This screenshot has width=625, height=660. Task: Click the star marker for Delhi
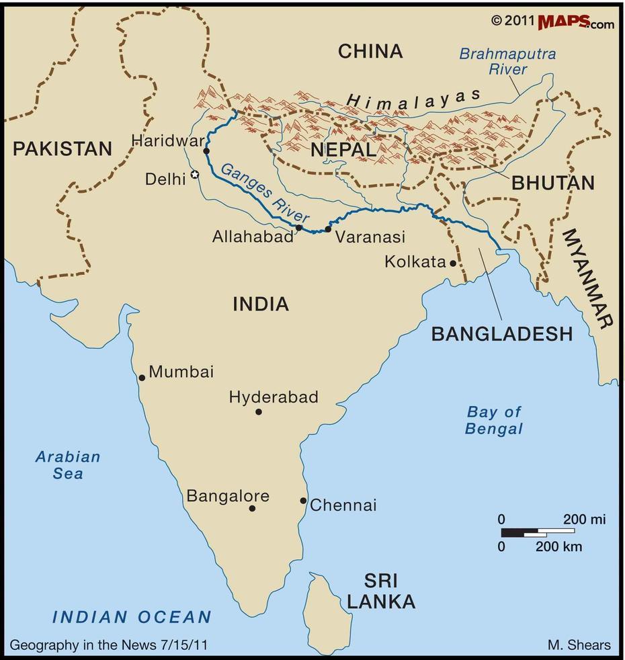[x=195, y=175]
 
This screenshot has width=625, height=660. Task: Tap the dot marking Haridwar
[x=206, y=151]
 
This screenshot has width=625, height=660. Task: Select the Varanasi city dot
[x=328, y=229]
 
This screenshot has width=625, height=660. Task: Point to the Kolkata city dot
[x=453, y=263]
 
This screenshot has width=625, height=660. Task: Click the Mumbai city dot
[x=142, y=378]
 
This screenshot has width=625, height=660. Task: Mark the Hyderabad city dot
[x=259, y=411]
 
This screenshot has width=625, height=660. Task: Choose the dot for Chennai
[x=303, y=501]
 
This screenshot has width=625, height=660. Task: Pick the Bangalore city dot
[x=252, y=508]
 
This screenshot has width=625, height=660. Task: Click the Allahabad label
[x=253, y=237]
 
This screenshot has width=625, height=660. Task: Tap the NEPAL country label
[x=343, y=150]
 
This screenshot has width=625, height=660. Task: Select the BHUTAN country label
[x=553, y=183]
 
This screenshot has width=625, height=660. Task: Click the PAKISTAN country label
[x=62, y=149]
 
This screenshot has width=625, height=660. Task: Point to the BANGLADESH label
[x=502, y=334]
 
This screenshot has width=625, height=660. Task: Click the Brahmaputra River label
[x=507, y=61]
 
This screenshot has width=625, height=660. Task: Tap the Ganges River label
[x=265, y=193]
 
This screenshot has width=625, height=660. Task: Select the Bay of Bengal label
[x=494, y=421]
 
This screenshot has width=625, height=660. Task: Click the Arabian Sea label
[x=68, y=465]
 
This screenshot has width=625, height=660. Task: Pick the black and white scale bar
[x=538, y=532]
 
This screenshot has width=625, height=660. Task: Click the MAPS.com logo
[x=575, y=22]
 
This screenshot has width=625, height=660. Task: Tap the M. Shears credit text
[x=579, y=645]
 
